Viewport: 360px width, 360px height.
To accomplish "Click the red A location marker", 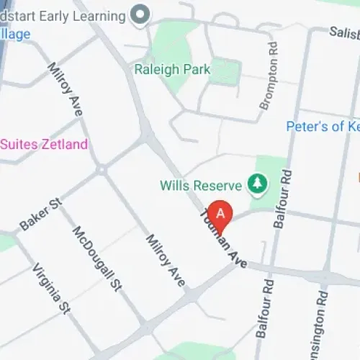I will pos(222,214).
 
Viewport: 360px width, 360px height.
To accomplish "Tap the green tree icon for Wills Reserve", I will pos(256,184).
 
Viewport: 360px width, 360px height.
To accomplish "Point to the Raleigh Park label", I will pos(172,70).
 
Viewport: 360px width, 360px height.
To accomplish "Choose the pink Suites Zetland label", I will pos(44,144).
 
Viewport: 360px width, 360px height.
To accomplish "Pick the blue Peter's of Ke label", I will pos(323,126).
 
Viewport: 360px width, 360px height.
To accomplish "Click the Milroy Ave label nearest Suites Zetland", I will pos(66,89).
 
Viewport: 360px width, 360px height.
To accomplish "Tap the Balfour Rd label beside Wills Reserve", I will pos(283,198).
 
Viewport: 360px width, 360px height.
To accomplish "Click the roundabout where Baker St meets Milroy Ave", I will pos(102,170).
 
